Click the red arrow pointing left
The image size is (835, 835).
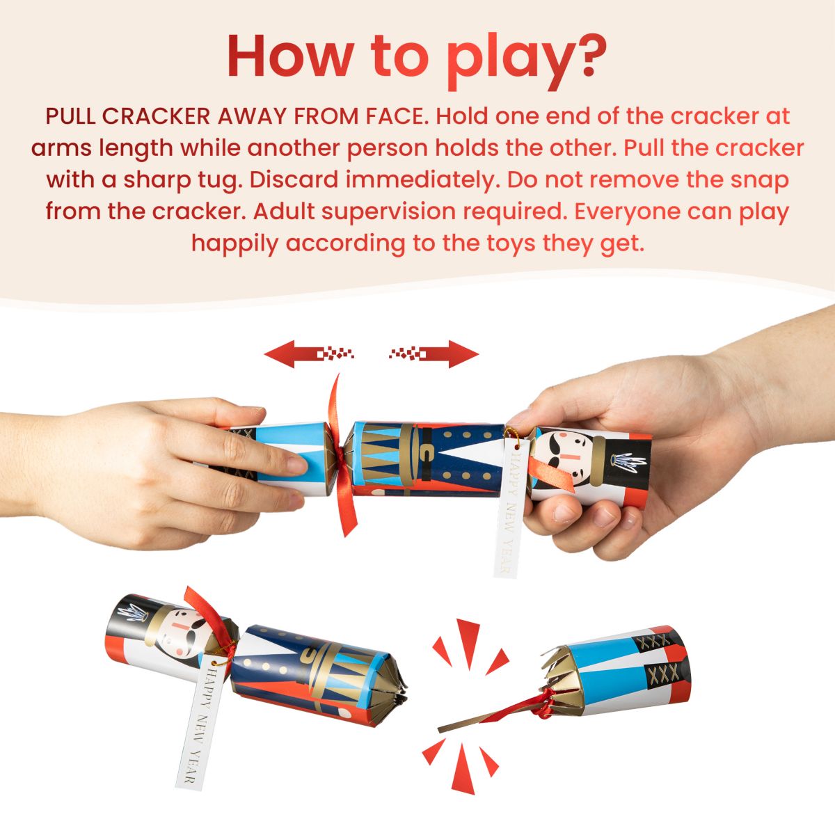click(309, 353)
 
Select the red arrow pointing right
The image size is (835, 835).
click(434, 353)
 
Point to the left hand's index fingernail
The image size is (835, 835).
click(297, 466)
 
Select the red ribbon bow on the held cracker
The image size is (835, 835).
click(340, 456)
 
